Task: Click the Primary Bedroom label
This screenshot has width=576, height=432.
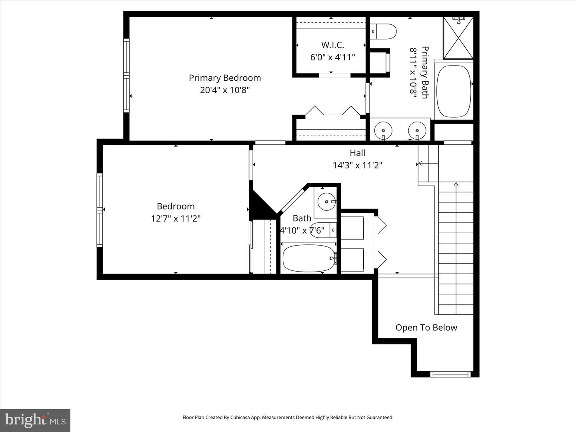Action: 224,78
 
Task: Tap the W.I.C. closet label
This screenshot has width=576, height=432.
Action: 332,45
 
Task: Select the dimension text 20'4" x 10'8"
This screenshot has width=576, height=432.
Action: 224,90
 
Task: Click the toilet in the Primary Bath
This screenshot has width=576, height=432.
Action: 384,30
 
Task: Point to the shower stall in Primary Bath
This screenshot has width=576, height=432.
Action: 458,38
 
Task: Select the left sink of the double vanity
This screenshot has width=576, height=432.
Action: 384,130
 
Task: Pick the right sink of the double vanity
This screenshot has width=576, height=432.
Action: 417,130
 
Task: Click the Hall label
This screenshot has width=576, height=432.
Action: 357,153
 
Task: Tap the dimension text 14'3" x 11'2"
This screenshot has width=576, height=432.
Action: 357,165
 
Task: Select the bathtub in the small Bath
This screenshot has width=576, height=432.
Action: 308,258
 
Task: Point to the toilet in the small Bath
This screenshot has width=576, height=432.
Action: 324,230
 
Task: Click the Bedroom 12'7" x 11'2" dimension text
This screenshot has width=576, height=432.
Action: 176,218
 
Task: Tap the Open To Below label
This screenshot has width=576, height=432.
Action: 426,328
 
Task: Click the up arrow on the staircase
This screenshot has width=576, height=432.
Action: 456,184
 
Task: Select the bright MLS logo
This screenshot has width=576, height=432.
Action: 35,420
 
